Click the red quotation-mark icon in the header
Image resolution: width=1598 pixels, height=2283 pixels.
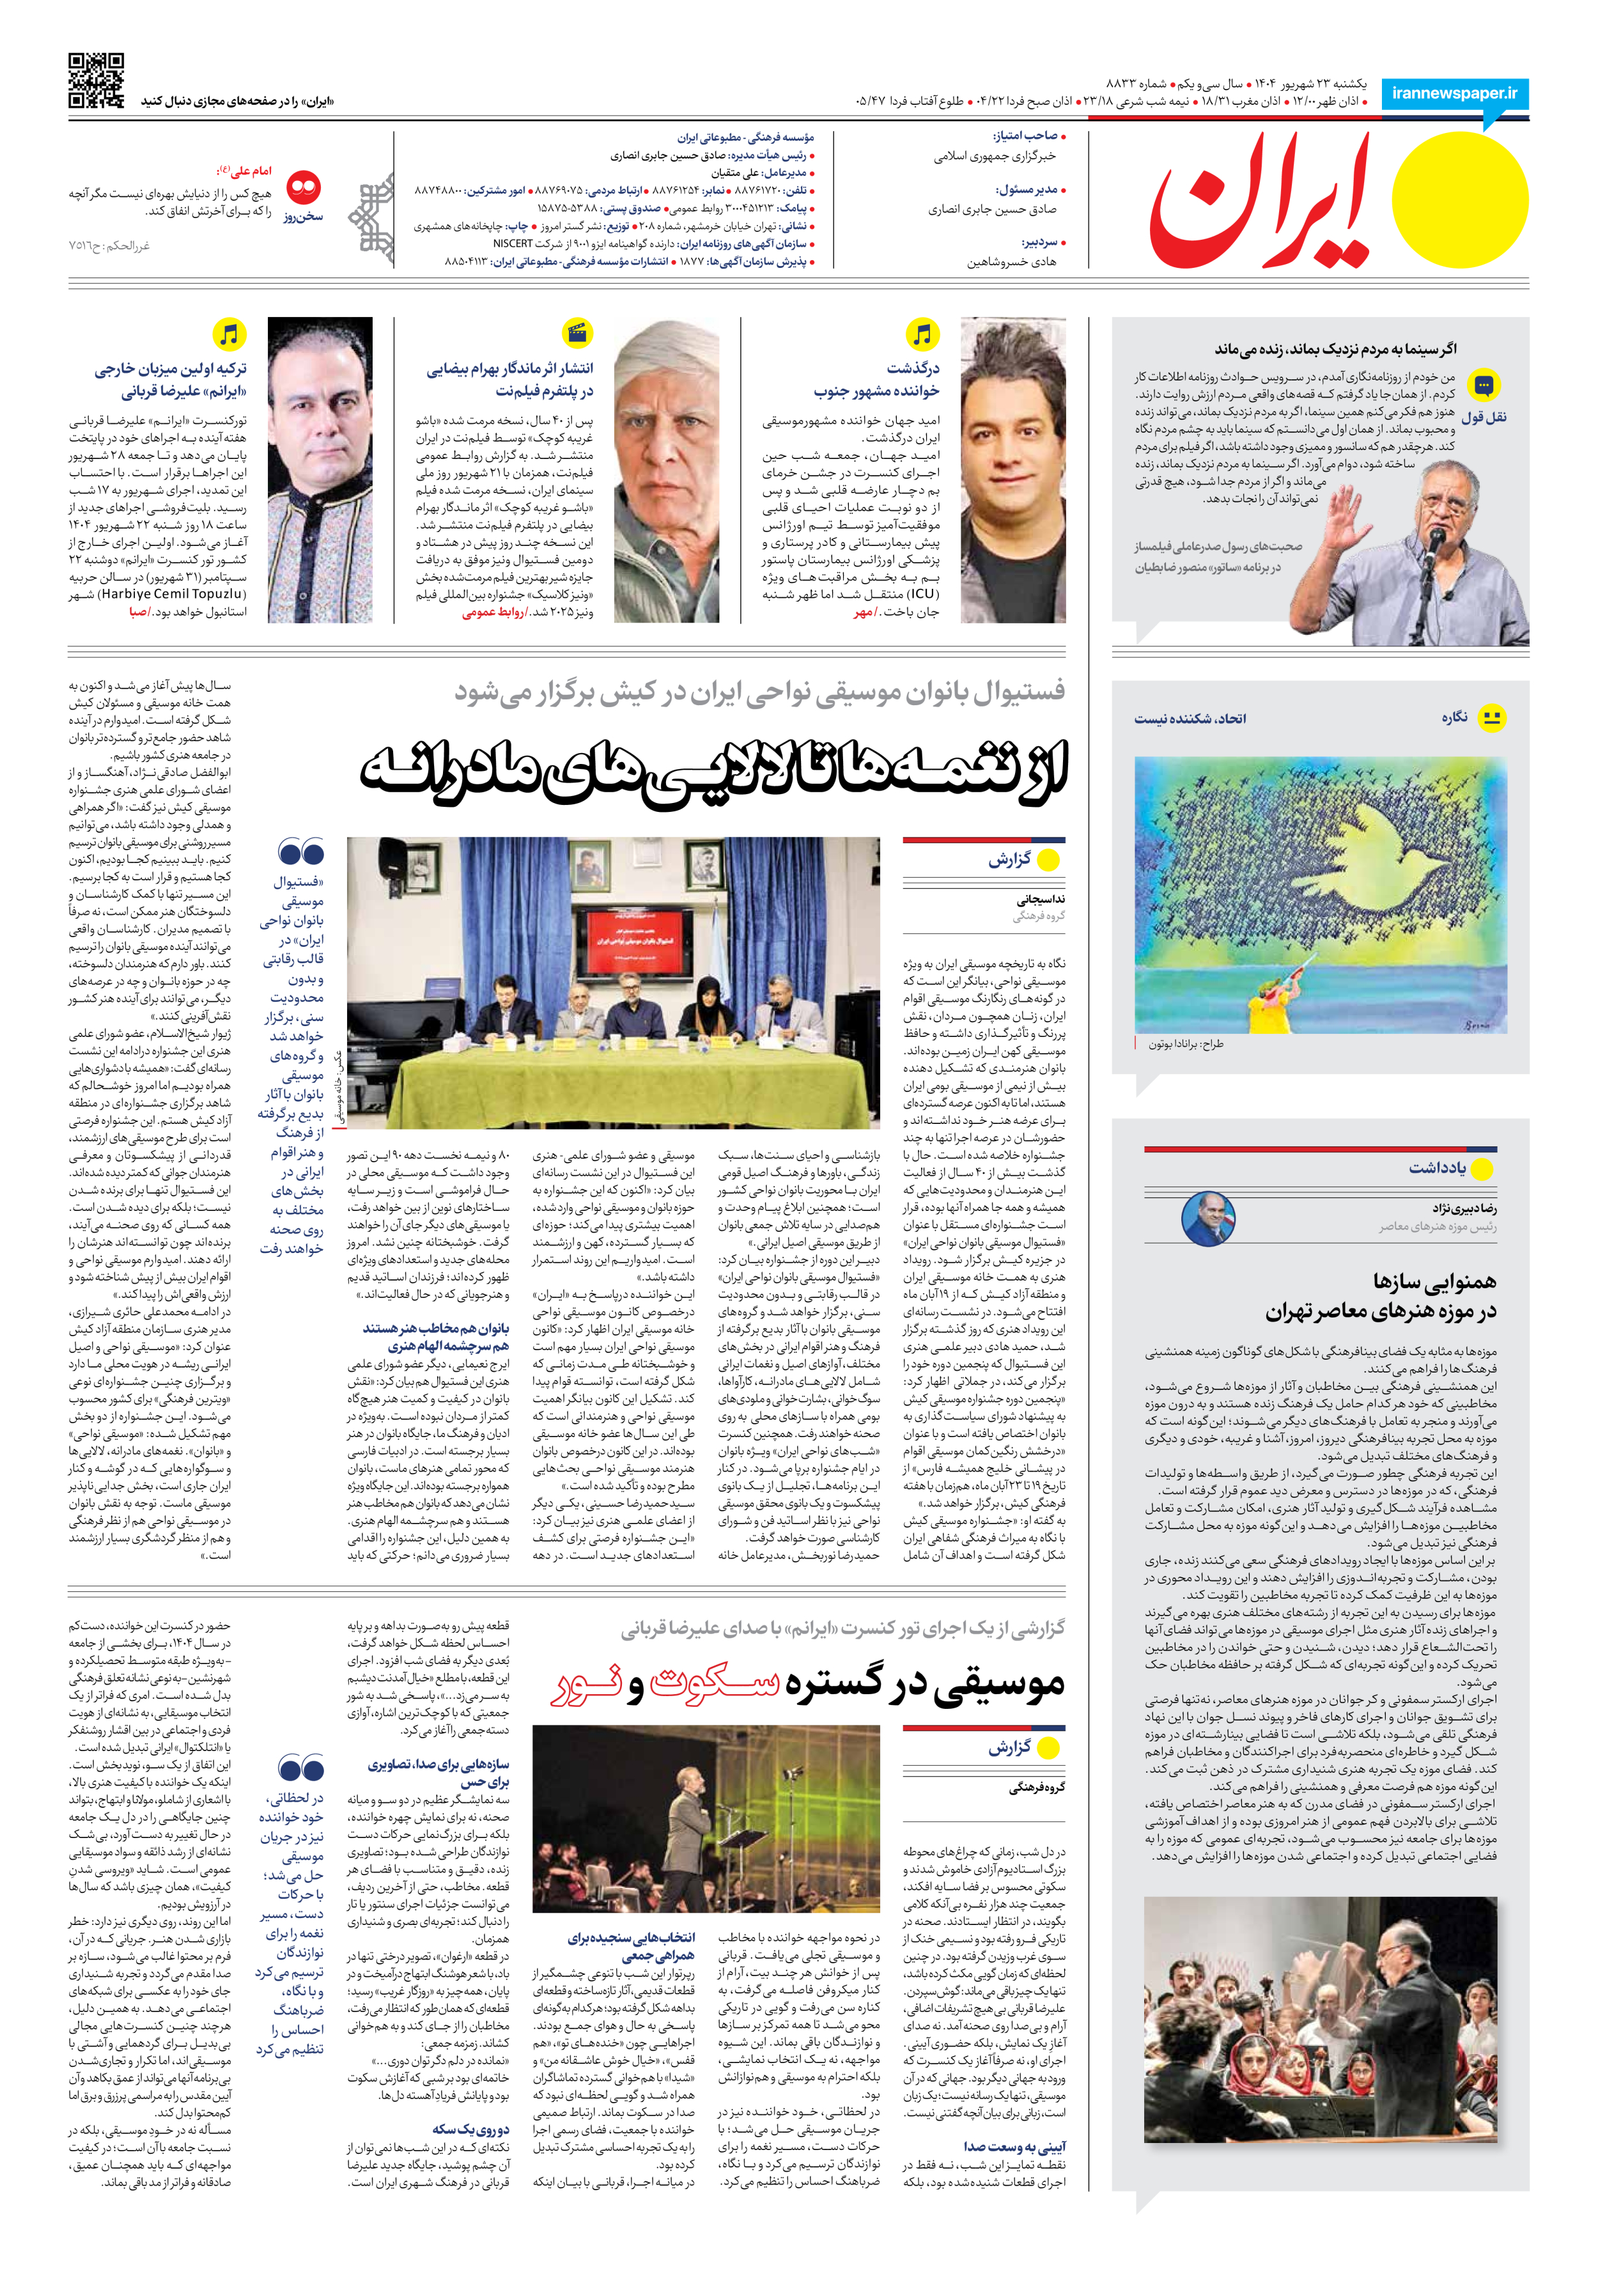click(303, 187)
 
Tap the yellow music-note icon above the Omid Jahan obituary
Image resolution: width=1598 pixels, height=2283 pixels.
click(922, 334)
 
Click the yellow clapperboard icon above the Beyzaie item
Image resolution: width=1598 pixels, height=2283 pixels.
click(577, 333)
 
